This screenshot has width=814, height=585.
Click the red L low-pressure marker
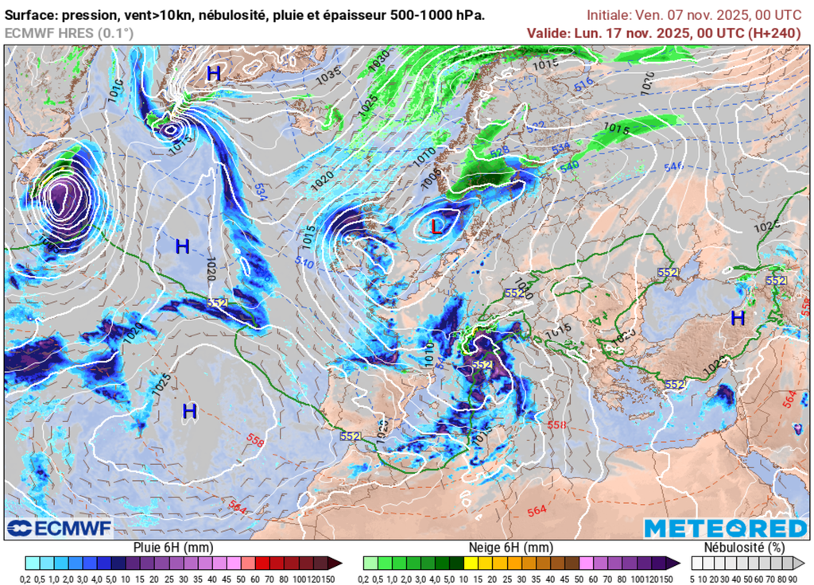(x=436, y=227)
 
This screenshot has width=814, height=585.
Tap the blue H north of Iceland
(x=213, y=74)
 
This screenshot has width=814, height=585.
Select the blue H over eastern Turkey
(x=738, y=318)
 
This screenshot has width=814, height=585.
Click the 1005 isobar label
(x=431, y=177)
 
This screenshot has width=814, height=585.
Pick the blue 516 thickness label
(x=584, y=83)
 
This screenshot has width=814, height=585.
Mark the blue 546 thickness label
(x=673, y=166)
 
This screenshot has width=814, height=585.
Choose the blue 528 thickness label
(x=499, y=151)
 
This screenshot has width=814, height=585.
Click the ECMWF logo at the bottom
(x=60, y=528)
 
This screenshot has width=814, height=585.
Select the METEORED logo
(x=725, y=529)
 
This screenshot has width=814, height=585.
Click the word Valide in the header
(x=546, y=33)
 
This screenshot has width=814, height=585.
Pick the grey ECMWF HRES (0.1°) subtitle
(x=69, y=33)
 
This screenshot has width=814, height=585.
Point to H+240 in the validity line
(x=775, y=33)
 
